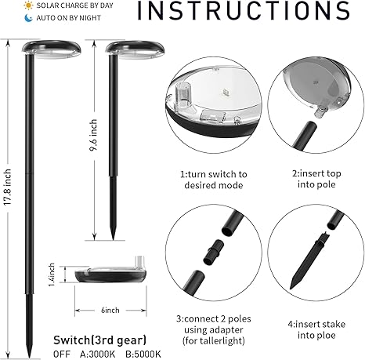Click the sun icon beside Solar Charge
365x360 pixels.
pyautogui.click(x=28, y=5)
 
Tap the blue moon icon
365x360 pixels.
pyautogui.click(x=28, y=18)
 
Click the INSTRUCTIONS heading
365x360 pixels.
pyautogui.click(x=244, y=10)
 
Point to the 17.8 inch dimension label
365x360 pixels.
pyautogui.click(x=8, y=187)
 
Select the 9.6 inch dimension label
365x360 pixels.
pyautogui.click(x=93, y=135)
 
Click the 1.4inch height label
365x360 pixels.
pyautogui.click(x=52, y=275)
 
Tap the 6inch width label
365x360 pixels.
pyautogui.click(x=110, y=310)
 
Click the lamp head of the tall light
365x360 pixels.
pyautogui.click(x=51, y=49)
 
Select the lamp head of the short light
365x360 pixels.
pyautogui.click(x=135, y=49)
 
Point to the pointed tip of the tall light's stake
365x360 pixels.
pyautogui.click(x=30, y=357)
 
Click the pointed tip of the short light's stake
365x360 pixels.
pyautogui.click(x=113, y=238)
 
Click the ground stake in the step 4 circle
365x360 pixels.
pyautogui.click(x=308, y=261)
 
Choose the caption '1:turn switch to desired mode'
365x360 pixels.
pyautogui.click(x=214, y=180)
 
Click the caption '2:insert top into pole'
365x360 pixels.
pyautogui.click(x=316, y=179)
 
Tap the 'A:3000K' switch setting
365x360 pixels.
pyautogui.click(x=97, y=355)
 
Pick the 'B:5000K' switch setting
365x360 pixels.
pyautogui.click(x=143, y=355)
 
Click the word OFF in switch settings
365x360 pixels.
pyautogui.click(x=62, y=355)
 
